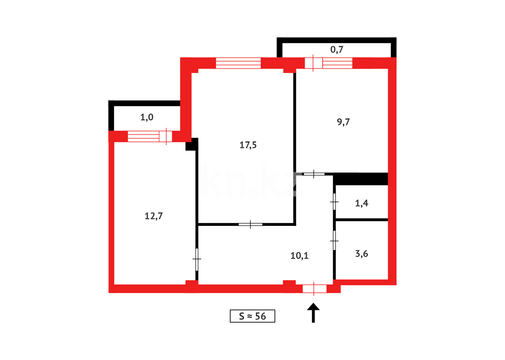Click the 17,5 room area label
click(x=248, y=145)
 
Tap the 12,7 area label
click(x=154, y=216)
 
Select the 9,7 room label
click(x=343, y=122)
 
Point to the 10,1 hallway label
click(x=299, y=256)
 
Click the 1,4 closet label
click(x=362, y=203)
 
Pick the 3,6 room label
click(x=362, y=254)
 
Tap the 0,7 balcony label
click(x=337, y=50)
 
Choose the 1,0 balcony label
click(x=147, y=117)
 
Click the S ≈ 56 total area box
click(x=252, y=316)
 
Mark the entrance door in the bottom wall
click(x=314, y=289)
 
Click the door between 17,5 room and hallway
click(x=251, y=224)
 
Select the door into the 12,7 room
click(x=197, y=259)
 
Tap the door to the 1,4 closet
click(x=334, y=202)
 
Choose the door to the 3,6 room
click(x=334, y=240)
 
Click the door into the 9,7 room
click(x=314, y=174)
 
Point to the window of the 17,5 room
click(x=238, y=63)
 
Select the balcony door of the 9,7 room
click(x=313, y=63)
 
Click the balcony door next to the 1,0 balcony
click(x=166, y=136)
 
